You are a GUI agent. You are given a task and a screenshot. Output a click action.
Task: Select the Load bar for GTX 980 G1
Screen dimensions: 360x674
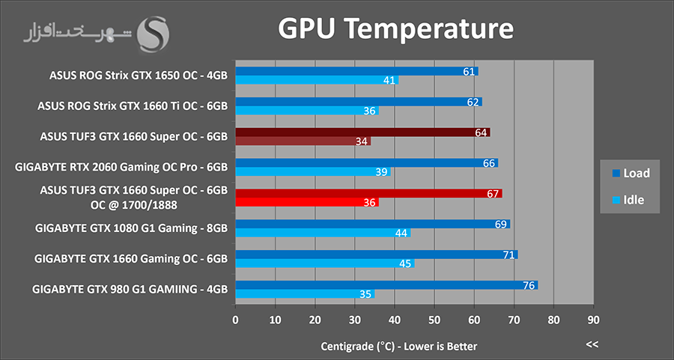point(386,284)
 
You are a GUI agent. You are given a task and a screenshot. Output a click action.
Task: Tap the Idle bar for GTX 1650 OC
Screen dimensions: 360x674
point(316,80)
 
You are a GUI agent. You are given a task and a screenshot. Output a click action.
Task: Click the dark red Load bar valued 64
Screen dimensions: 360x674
point(362,132)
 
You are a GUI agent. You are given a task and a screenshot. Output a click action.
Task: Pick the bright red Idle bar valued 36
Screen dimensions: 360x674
point(307,202)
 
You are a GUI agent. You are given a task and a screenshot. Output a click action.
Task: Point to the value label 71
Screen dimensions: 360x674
point(508,255)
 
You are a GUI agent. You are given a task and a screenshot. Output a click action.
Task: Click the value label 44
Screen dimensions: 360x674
point(401,234)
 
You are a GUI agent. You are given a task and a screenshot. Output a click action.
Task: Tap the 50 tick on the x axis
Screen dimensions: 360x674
point(434,320)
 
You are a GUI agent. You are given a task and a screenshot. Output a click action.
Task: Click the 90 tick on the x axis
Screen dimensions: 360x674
point(593,320)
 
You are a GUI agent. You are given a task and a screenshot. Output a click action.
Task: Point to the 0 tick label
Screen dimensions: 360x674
point(236,320)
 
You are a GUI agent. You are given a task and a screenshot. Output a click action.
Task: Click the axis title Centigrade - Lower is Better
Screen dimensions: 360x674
point(399,346)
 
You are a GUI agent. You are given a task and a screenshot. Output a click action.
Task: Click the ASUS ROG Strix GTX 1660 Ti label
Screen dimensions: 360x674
point(133,106)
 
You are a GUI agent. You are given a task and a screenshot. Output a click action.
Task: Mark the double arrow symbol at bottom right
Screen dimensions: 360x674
point(592,344)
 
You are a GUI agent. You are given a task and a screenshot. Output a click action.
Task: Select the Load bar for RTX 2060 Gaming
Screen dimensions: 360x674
point(367,163)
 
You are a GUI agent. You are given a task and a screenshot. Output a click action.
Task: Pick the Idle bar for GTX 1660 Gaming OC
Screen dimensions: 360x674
point(325,263)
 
